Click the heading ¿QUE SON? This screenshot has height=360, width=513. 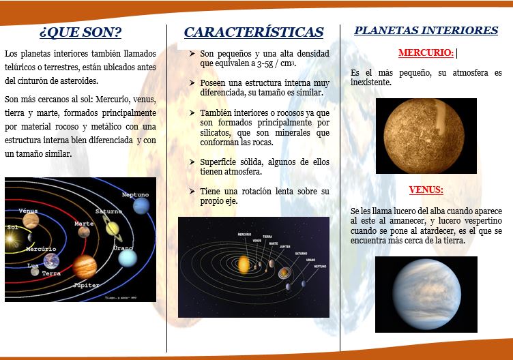click(80, 32)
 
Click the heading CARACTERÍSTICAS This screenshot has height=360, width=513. click(253, 32)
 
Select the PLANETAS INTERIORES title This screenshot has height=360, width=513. click(426, 31)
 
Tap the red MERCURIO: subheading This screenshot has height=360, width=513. click(426, 52)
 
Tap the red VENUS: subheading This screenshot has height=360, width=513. click(426, 190)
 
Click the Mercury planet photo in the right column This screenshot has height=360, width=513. click(426, 135)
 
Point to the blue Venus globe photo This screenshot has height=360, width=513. click(426, 294)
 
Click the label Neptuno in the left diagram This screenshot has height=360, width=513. click(135, 194)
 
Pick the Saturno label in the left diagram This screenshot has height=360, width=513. click(108, 211)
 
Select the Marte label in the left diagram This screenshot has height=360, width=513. click(84, 224)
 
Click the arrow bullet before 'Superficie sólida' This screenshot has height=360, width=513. click(193, 162)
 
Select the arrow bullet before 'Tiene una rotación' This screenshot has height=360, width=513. click(193, 191)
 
